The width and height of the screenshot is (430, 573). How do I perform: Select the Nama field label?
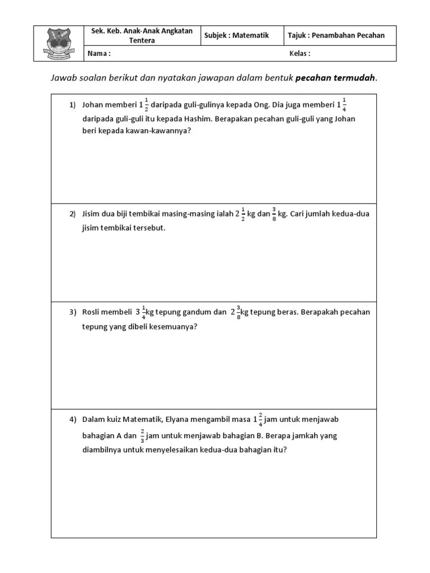click(99, 54)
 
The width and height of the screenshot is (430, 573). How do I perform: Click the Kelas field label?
click(300, 54)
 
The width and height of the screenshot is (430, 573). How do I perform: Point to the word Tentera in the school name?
click(143, 41)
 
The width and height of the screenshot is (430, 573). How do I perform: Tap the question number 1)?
click(73, 105)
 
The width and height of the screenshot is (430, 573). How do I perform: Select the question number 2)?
click(73, 214)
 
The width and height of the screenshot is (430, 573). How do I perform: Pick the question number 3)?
click(73, 312)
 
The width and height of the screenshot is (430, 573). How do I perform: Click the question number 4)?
click(73, 419)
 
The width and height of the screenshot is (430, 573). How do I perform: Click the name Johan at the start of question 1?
click(94, 105)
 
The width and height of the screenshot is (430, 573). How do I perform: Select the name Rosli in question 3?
click(92, 312)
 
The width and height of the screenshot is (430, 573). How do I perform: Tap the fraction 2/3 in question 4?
click(143, 435)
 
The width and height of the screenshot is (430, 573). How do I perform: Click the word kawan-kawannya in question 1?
click(153, 131)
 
